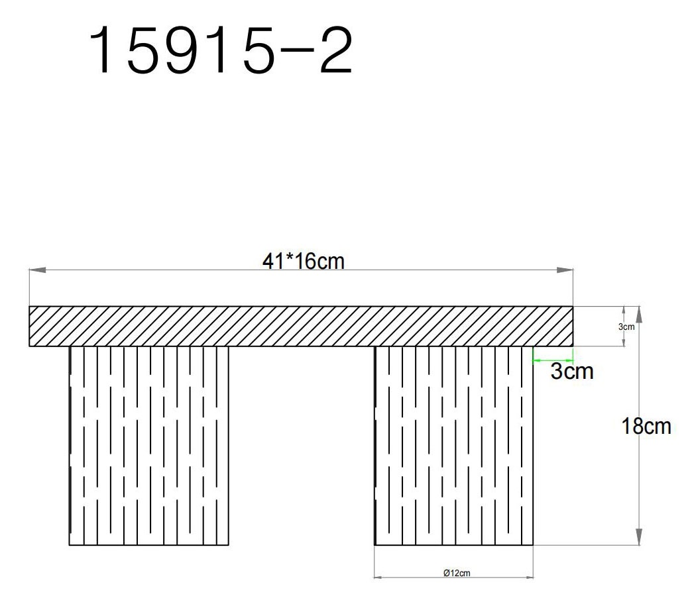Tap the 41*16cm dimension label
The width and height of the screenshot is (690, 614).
click(304, 261)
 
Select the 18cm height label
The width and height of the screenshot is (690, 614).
click(646, 427)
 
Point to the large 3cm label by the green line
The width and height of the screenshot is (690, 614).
click(571, 372)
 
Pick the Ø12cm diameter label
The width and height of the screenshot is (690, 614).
click(457, 573)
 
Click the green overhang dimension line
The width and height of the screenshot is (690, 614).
click(553, 360)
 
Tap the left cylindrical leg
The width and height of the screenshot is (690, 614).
click(149, 445)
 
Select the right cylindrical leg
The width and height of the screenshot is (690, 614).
click(454, 445)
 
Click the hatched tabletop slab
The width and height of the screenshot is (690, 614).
click(300, 327)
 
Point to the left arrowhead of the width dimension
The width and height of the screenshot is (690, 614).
click(36, 270)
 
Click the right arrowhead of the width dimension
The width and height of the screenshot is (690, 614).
click(565, 270)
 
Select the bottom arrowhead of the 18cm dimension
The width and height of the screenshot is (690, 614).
click(639, 537)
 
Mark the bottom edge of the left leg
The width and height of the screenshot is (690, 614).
click(149, 545)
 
